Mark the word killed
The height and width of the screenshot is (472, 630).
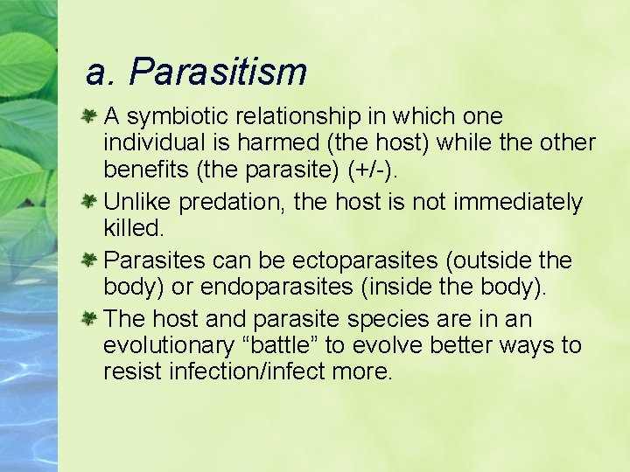tap(132, 228)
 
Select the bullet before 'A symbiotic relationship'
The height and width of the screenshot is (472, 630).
tap(88, 116)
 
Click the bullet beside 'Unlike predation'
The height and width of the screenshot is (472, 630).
tap(88, 202)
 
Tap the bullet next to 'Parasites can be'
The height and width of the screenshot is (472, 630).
tap(88, 260)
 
